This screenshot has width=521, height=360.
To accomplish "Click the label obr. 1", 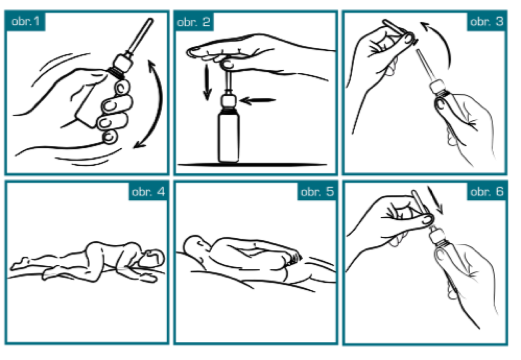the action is coord(25,21).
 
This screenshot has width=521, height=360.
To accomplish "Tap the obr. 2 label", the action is coord(194,22).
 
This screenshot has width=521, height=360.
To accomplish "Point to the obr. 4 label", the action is coord(148,192).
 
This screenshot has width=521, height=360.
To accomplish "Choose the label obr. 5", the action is coord(317,192).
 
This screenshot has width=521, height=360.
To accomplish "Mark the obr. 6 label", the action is coord(487,192).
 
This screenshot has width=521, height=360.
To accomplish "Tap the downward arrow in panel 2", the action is coord(207,82).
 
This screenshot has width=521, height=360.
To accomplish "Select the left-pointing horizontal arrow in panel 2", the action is coord(257,100).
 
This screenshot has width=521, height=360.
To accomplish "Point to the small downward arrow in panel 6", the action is coord(436,200).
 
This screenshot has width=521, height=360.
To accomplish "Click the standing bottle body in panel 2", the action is coord(228,137).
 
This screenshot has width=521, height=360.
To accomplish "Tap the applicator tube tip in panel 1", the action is coord(150,21).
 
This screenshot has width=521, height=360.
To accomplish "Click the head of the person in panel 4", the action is coord(152,258).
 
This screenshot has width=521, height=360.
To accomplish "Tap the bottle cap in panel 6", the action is coord(438,236).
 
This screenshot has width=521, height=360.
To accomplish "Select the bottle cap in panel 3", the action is coord(437,87).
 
